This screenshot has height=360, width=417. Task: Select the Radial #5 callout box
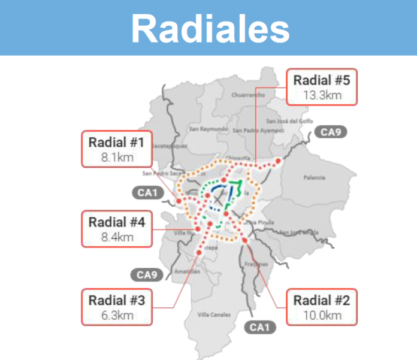click(x=322, y=87)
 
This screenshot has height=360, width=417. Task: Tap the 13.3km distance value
click(x=322, y=95)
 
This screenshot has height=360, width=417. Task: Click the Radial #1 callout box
click(x=117, y=149)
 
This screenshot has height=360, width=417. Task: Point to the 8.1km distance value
click(x=117, y=158)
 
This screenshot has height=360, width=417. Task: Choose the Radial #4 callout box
click(x=117, y=229)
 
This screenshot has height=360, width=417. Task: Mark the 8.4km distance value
click(x=117, y=237)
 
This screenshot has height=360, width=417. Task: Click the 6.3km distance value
click(x=117, y=316)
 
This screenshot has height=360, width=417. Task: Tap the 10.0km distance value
click(x=322, y=316)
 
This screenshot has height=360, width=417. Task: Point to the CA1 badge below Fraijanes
click(x=259, y=326)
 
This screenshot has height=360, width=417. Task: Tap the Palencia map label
click(x=315, y=177)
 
